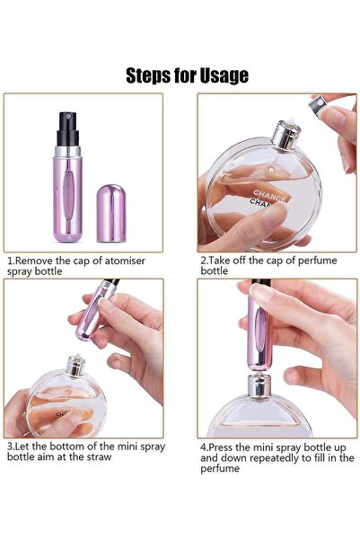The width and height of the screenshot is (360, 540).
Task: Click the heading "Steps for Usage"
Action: (187, 75)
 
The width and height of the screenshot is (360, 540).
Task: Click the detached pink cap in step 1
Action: (111, 212)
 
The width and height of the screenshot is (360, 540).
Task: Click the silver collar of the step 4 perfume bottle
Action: (260, 386)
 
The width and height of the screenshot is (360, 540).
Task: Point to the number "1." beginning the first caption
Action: (11, 259)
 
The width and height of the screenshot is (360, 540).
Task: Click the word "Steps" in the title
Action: (148, 75)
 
